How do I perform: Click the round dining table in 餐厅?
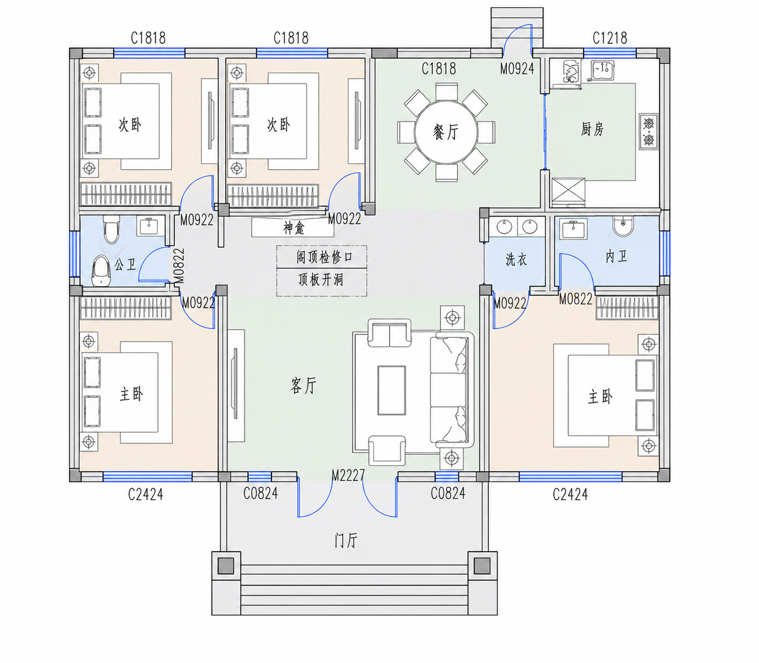[x=446, y=132]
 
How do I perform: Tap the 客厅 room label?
[x=304, y=385]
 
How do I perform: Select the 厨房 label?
[x=592, y=129]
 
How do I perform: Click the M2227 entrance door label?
[x=348, y=475]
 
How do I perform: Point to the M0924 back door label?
[x=517, y=68]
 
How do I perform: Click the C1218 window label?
[x=610, y=38]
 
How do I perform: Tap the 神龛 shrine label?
[x=294, y=227]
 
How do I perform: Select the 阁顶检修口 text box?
[x=322, y=256]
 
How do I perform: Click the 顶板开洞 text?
[x=321, y=280]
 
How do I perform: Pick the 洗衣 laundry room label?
[x=516, y=259]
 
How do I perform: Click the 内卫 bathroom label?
[x=616, y=256]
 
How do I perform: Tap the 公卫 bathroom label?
[x=125, y=265]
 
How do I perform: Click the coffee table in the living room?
[x=391, y=390]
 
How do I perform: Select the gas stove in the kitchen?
[x=649, y=132]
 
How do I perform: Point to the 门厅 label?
[x=346, y=540]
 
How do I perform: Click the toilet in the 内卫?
[x=623, y=226]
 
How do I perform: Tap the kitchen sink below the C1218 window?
[x=602, y=71]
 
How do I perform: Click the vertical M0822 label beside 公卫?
[x=179, y=266]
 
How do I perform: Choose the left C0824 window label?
[x=260, y=493]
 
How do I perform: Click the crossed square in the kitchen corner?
[x=568, y=192]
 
